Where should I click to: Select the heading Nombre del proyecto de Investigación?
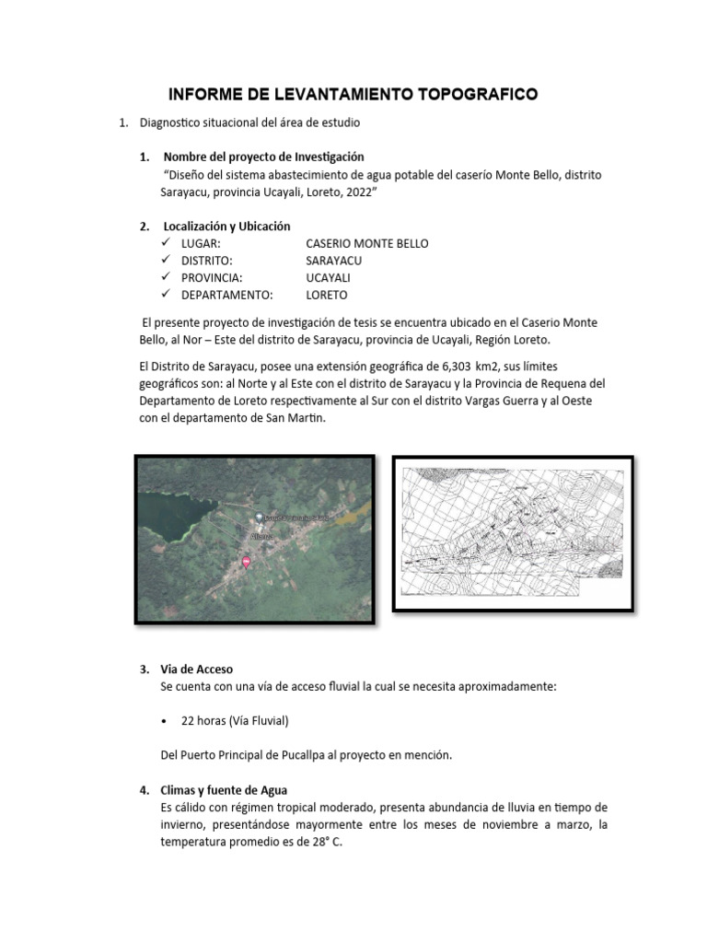[x=263, y=157]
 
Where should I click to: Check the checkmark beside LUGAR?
[x=166, y=243]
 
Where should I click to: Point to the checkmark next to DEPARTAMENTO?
[x=166, y=295]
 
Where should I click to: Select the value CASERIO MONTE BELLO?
[x=366, y=243]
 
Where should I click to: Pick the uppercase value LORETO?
[x=327, y=296]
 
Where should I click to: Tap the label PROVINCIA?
[x=213, y=278]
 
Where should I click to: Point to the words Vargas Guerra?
[x=507, y=401]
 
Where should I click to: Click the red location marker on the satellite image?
[x=246, y=561]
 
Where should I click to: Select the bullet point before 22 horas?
[x=164, y=720]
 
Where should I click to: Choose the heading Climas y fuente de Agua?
[x=225, y=790]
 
